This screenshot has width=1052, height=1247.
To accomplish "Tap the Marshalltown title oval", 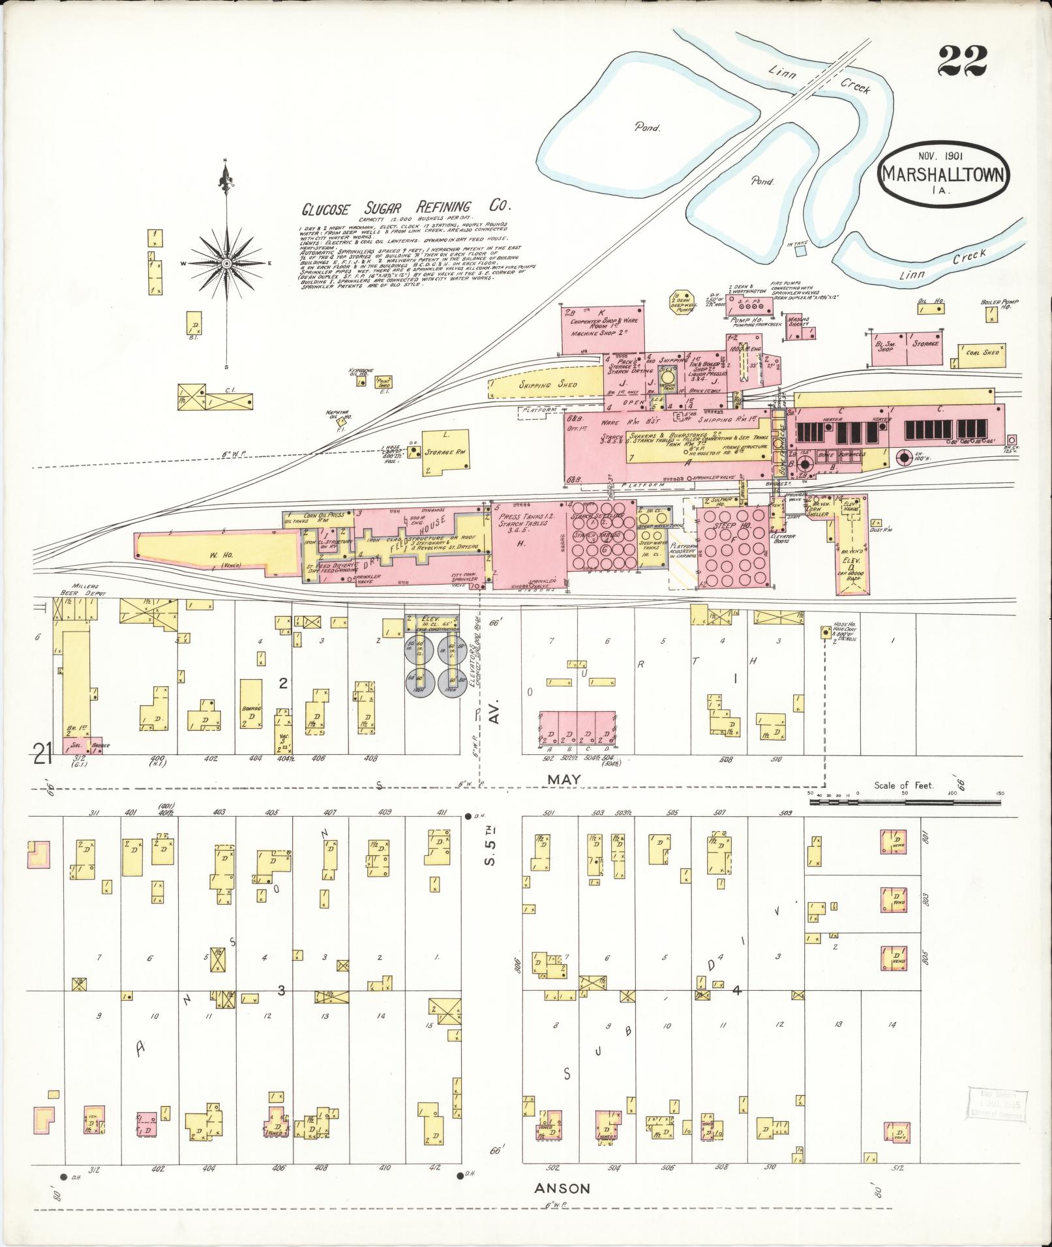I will (944, 173).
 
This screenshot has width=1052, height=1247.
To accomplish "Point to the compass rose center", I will (226, 263).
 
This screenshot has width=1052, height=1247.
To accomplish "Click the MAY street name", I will (564, 779).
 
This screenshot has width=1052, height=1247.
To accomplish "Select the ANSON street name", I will (562, 1188).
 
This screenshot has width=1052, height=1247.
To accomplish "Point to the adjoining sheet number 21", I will (44, 756).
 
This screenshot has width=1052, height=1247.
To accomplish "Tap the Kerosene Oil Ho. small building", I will (360, 382).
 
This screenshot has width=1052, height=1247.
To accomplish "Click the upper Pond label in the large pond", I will (647, 128).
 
